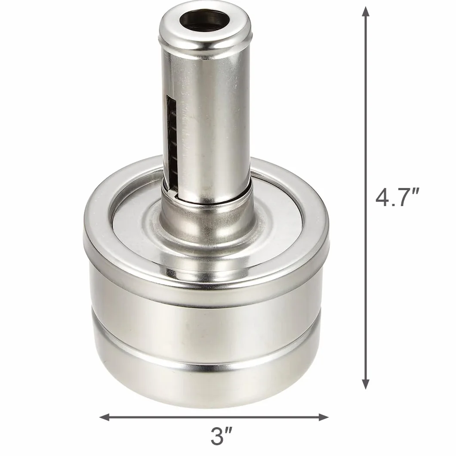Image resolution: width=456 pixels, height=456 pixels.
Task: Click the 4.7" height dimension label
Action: point(397,197)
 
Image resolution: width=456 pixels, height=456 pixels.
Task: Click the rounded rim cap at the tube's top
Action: point(204,28)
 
